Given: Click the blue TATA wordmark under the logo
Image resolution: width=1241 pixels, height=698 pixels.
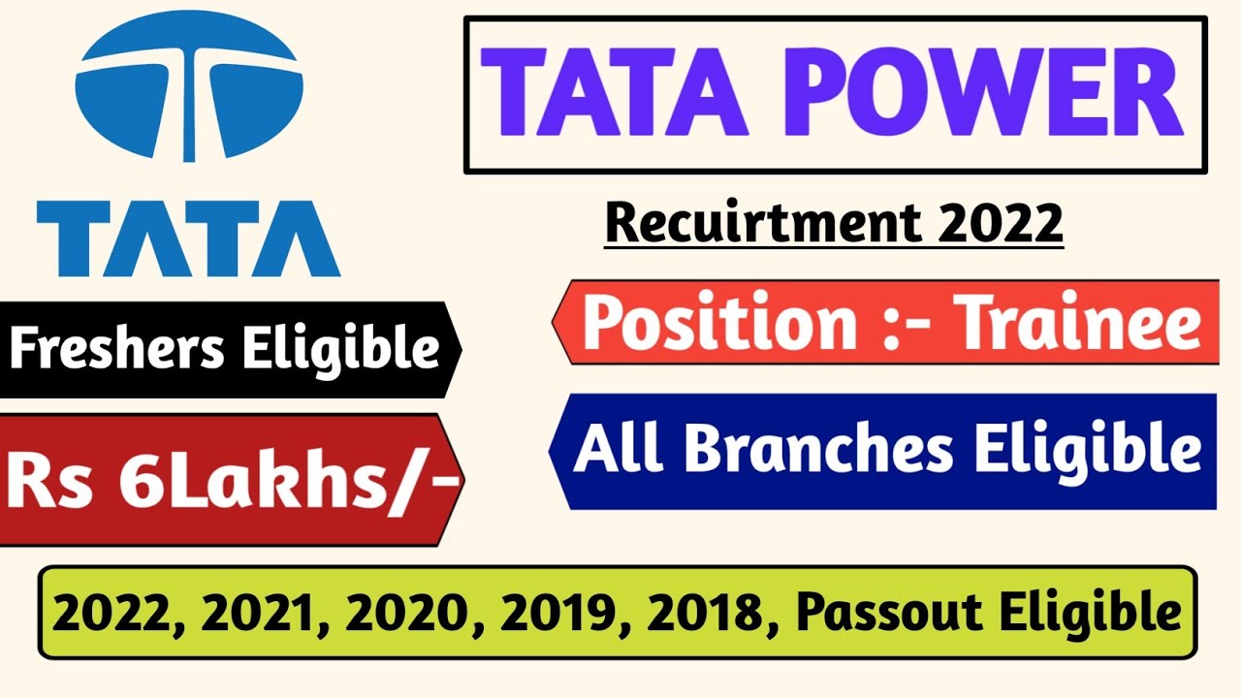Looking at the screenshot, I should point(189,238).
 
